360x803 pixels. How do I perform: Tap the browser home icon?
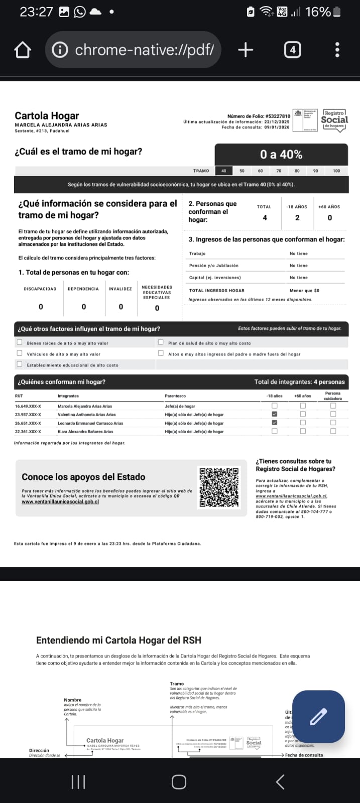[23, 50]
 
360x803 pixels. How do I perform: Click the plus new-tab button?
[246, 50]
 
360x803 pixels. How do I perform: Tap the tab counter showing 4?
[292, 50]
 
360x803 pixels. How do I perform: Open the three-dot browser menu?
[337, 50]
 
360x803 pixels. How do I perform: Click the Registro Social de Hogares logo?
[334, 120]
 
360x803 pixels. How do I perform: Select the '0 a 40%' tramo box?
[281, 155]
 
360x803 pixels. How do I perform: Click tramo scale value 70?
[279, 171]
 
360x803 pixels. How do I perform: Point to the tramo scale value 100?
[336, 171]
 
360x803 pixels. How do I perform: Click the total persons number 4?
[265, 218]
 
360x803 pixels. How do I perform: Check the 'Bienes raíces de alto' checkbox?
[20, 342]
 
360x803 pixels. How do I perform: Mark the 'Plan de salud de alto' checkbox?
[161, 342]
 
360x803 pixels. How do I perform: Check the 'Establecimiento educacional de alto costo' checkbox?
[20, 364]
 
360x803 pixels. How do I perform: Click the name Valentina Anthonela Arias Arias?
[86, 415]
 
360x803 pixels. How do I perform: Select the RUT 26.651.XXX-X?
[28, 423]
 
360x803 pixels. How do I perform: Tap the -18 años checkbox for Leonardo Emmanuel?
[274, 423]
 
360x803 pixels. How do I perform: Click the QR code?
[219, 487]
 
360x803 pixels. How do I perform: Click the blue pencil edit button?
[318, 717]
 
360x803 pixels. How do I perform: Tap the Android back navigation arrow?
[280, 781]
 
